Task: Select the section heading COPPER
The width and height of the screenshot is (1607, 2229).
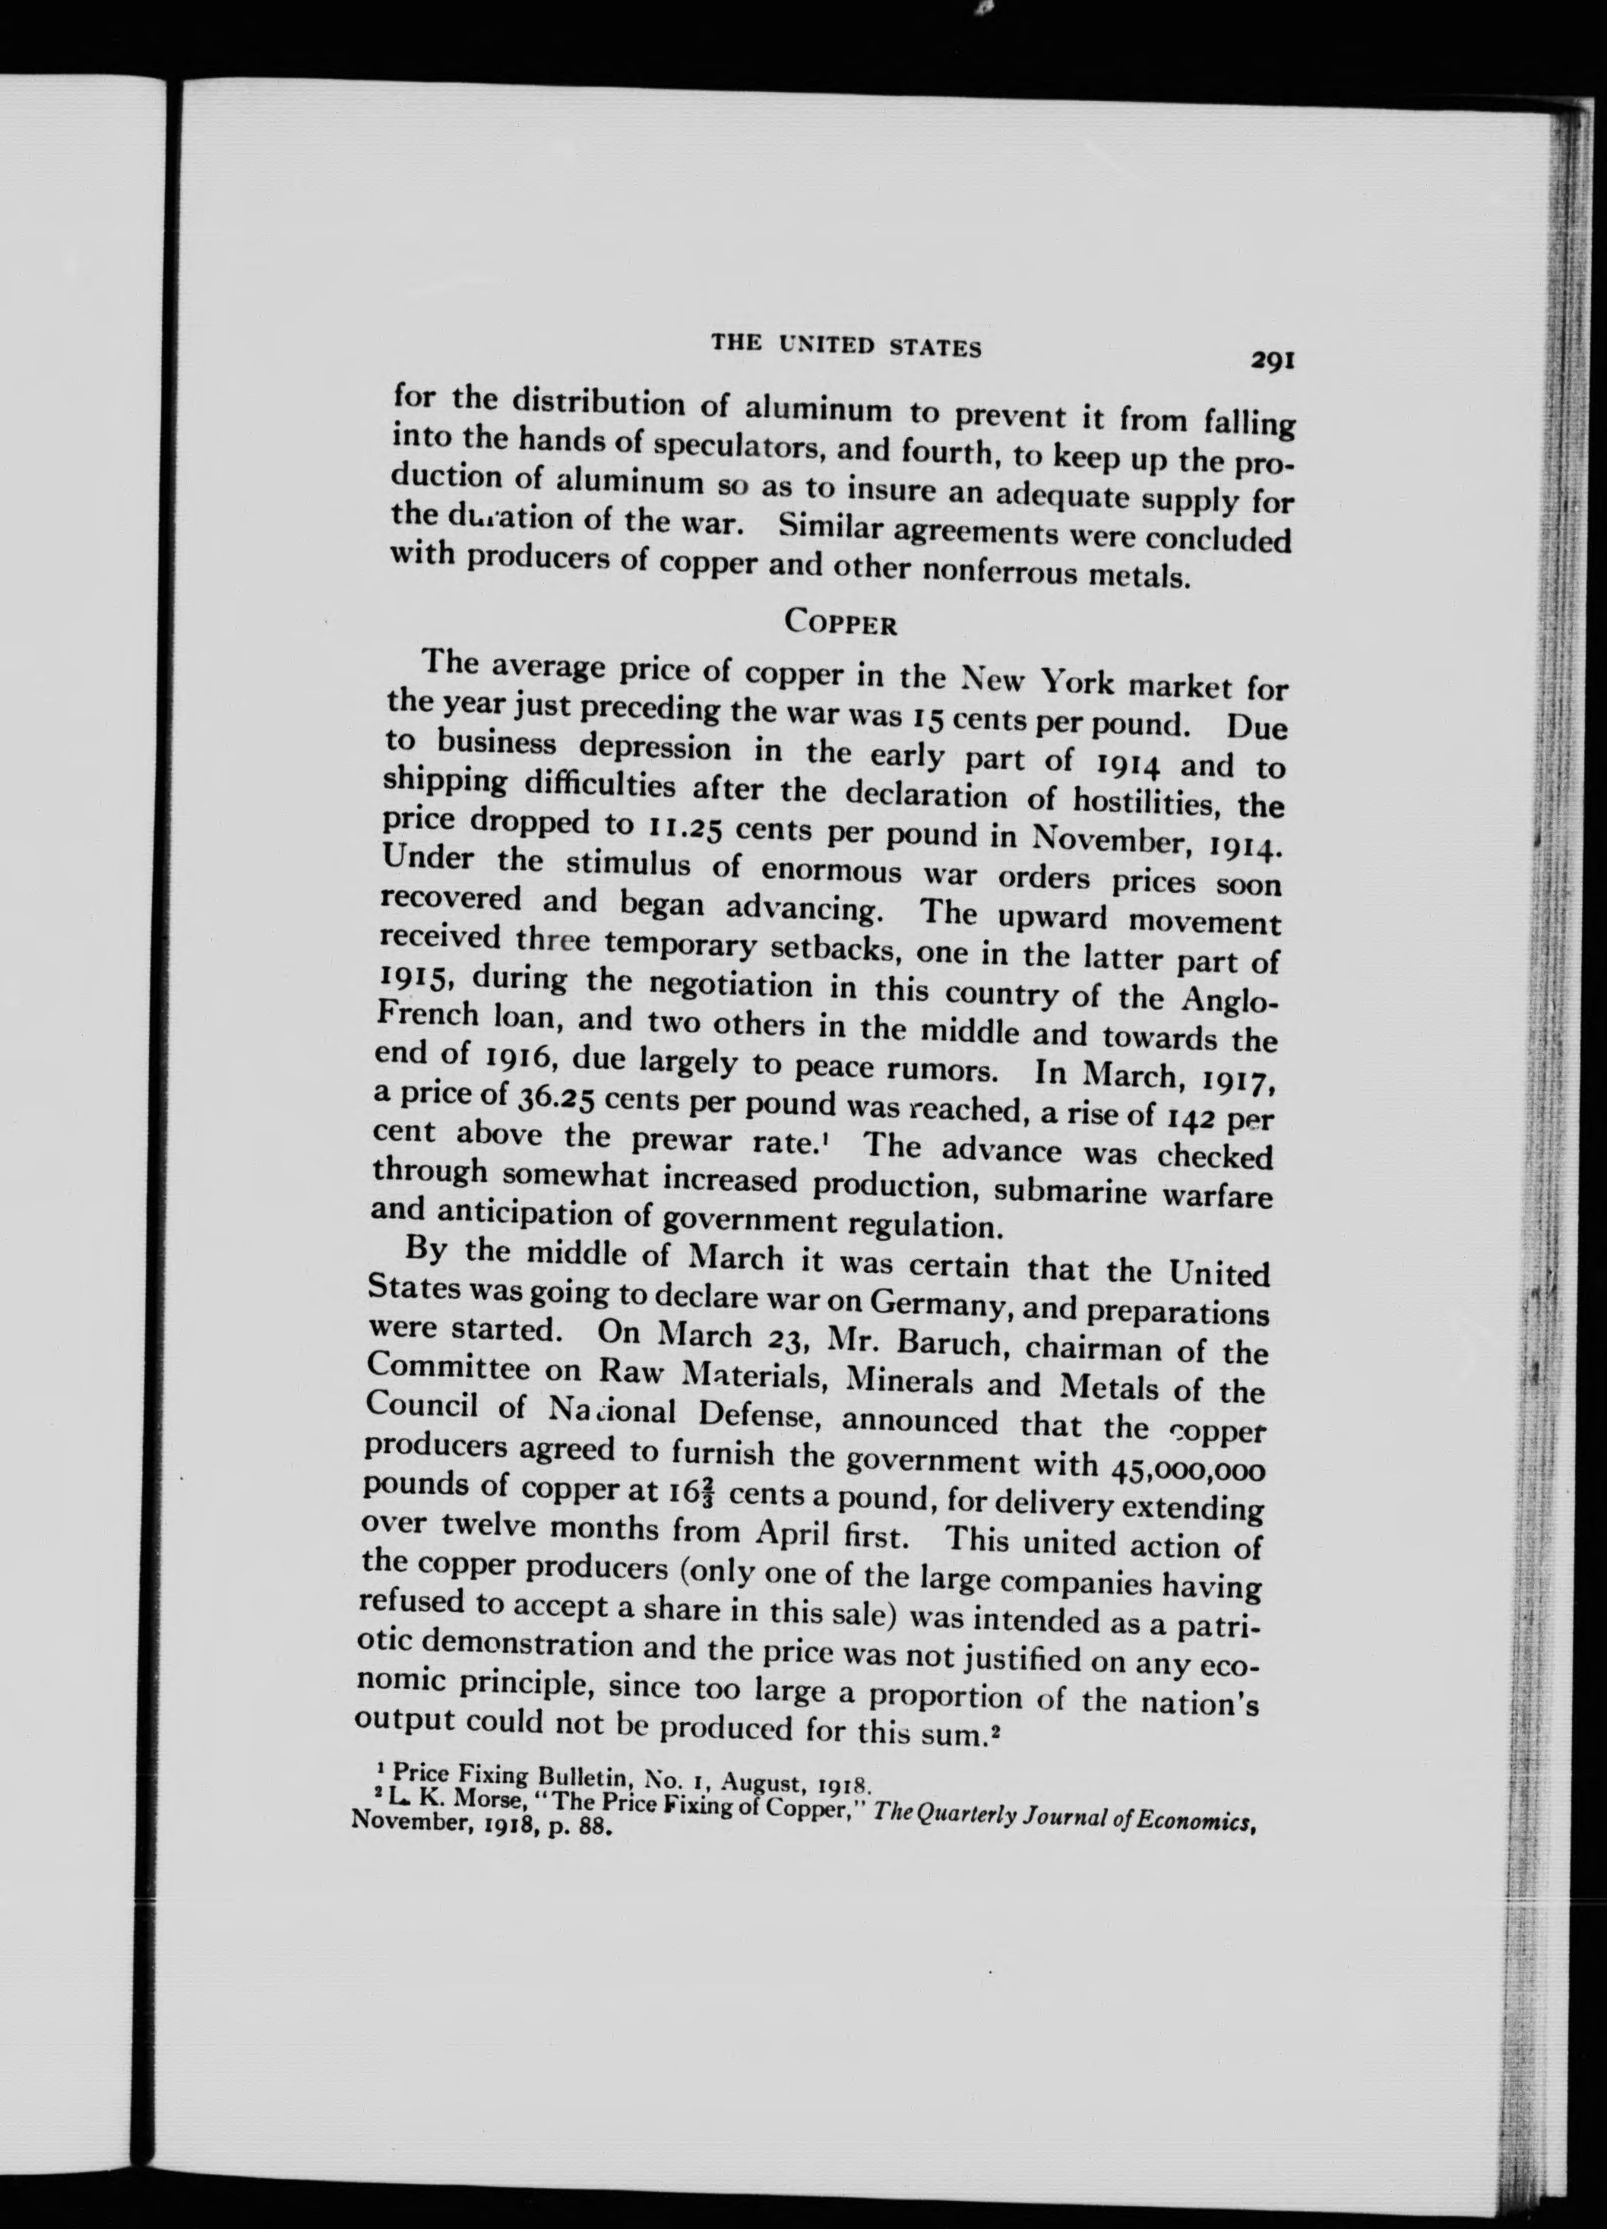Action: (840, 623)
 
